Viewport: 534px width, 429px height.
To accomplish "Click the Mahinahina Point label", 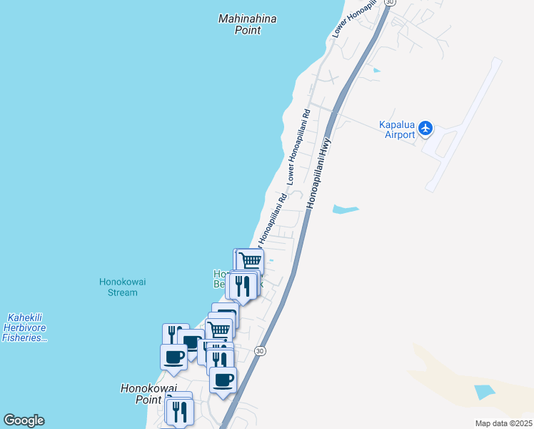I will click(248, 24).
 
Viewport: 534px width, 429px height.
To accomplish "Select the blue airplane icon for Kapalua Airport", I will click(426, 128).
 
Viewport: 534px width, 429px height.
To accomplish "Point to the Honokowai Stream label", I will click(122, 287).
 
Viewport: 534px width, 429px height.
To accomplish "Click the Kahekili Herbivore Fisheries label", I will click(25, 327).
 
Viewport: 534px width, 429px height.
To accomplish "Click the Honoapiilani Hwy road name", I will click(320, 164).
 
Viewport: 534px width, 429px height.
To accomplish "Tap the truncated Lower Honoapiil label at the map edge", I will click(354, 18).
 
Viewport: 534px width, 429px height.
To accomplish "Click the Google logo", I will click(24, 420).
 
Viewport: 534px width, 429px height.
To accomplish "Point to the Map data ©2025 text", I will click(503, 423).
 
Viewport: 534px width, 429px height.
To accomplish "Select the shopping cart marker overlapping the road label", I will click(250, 262).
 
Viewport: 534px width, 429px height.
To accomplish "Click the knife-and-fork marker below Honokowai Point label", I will click(179, 411).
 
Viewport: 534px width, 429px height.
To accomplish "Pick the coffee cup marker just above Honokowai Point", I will click(173, 356).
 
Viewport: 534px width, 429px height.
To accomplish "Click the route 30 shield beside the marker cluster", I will click(260, 351).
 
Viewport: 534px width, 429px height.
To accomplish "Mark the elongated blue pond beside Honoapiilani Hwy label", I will click(346, 209).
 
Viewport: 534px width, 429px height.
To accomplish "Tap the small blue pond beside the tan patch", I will click(483, 392).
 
